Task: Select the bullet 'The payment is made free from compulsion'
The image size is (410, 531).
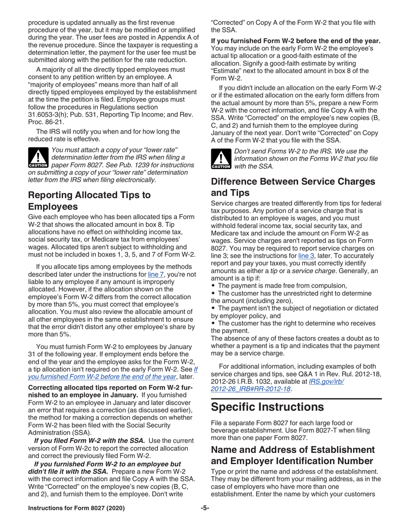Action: coord(282,285)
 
